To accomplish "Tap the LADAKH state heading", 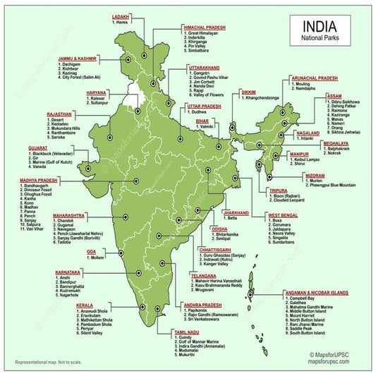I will click(x=121, y=16).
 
